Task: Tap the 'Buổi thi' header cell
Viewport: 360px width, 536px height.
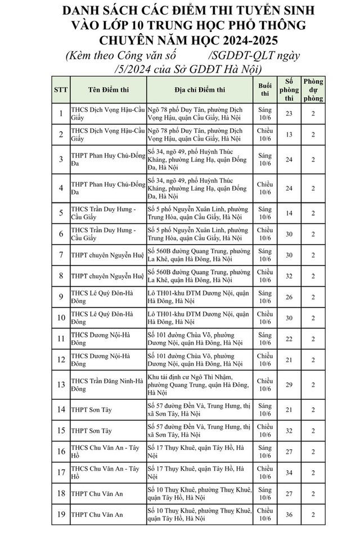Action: (264, 90)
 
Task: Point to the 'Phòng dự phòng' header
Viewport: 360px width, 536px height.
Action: (313, 90)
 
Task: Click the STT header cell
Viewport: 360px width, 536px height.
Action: (61, 90)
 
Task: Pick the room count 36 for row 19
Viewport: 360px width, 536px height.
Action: (289, 513)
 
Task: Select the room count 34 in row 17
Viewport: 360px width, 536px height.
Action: (289, 472)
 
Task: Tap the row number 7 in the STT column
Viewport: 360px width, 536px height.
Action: (61, 255)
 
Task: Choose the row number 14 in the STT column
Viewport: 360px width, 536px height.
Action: (61, 411)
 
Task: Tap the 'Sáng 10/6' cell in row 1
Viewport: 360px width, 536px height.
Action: (264, 114)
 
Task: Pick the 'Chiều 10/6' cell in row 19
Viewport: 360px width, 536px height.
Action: (264, 513)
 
